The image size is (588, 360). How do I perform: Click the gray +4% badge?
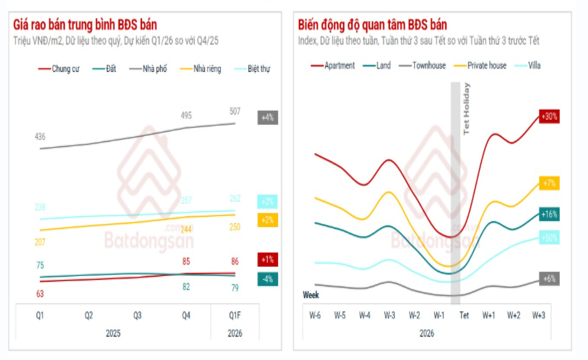[268, 118]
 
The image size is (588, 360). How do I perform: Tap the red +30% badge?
[549, 116]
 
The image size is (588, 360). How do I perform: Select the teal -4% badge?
[268, 279]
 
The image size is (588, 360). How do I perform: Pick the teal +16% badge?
[549, 215]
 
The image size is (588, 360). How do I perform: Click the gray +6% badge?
[549, 279]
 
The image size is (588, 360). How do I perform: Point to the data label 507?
[235, 111]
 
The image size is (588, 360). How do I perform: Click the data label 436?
[40, 137]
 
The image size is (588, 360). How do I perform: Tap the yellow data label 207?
[40, 242]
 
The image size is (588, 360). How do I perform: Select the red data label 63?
[40, 294]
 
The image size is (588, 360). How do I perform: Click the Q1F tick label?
[235, 315]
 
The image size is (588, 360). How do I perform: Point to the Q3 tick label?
[137, 315]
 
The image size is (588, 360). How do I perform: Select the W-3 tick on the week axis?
[390, 315]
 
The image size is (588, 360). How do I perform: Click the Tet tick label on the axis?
[464, 315]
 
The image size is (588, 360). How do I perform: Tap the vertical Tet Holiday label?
[466, 108]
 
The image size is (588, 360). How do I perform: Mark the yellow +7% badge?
[549, 183]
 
